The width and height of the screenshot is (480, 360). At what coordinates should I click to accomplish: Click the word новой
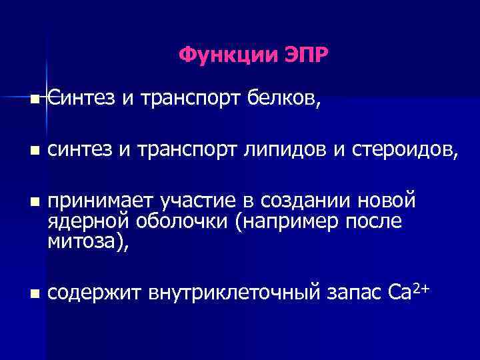387,199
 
